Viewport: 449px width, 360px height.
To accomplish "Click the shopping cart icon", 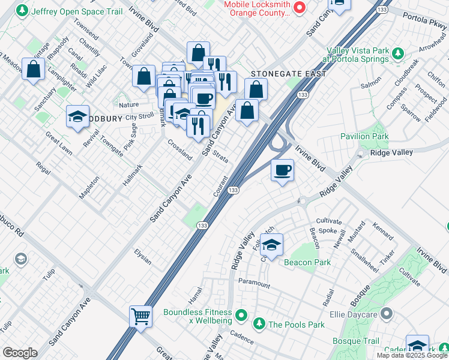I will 140,316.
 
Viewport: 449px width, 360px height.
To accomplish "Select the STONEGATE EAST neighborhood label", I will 289,74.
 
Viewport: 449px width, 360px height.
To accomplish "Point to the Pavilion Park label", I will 364,136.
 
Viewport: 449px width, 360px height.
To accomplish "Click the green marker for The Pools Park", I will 259,325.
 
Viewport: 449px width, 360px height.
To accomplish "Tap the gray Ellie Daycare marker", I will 387,313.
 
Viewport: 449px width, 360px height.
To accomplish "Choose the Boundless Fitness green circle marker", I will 241,314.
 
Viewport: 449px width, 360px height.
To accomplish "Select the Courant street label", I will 220,185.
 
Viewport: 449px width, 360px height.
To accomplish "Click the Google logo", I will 19,353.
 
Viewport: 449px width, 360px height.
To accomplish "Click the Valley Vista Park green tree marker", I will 397,55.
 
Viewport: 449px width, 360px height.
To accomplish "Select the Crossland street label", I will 179,150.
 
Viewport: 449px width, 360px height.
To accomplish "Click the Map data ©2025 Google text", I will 411,355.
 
